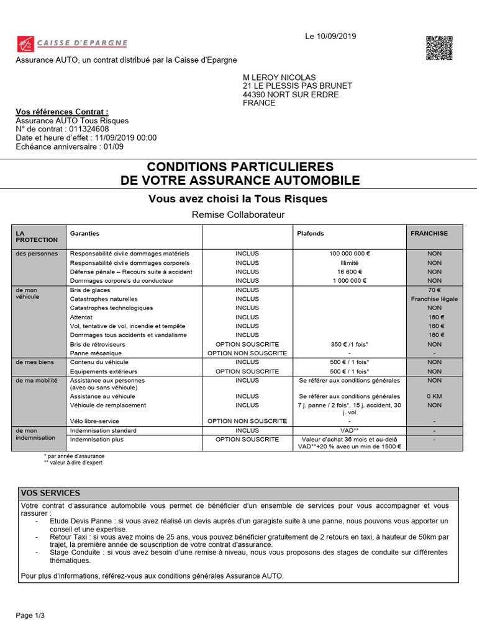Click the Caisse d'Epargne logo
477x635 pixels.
click(71, 43)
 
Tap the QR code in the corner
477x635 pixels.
click(438, 48)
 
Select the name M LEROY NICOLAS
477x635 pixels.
click(279, 77)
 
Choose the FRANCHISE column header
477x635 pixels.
click(429, 234)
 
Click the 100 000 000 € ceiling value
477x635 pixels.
click(350, 254)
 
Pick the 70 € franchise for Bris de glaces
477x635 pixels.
click(434, 290)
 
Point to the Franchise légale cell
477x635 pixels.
click(434, 299)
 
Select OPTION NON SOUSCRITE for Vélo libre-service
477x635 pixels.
click(247, 421)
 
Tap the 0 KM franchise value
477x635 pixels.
click(434, 396)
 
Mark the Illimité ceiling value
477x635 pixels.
click(350, 263)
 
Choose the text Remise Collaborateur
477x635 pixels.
click(238, 215)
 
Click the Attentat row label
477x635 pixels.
click(81, 317)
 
